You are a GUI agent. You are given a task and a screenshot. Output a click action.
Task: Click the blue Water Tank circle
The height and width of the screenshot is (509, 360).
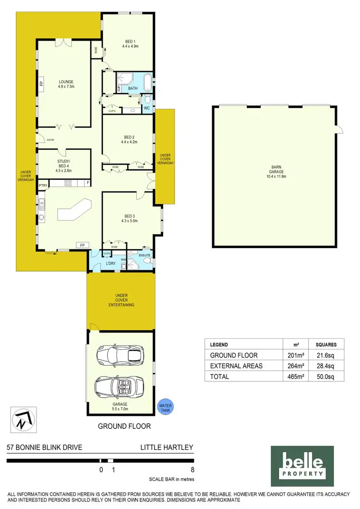pyautogui.click(x=165, y=407)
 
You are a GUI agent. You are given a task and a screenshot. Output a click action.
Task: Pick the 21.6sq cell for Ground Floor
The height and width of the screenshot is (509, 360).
pyautogui.click(x=329, y=355)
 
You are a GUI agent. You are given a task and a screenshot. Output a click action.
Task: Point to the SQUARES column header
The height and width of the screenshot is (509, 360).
pyautogui.click(x=329, y=344)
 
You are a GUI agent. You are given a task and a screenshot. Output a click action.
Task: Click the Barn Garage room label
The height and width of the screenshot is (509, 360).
pyautogui.click(x=275, y=172)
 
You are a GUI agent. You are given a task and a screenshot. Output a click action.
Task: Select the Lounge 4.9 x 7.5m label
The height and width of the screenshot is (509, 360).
pyautogui.click(x=66, y=84)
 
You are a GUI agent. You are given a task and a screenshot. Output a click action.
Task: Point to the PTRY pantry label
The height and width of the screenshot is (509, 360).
pyautogui.click(x=43, y=184)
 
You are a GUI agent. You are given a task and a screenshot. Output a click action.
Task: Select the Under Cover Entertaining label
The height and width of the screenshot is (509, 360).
pyautogui.click(x=121, y=300)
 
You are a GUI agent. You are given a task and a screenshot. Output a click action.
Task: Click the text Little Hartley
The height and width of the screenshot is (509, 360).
pyautogui.click(x=166, y=448)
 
